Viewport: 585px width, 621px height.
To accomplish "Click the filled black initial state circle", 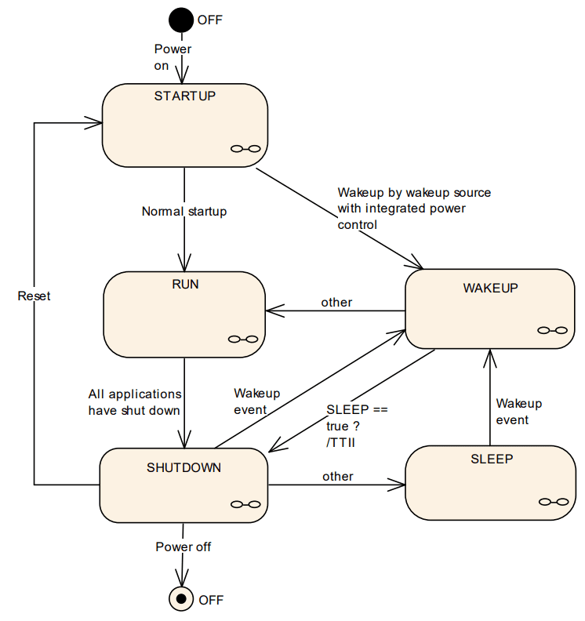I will point(182,19).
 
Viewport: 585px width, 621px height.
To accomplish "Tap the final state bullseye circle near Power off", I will point(182,599).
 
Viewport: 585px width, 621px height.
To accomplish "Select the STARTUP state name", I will point(184,96).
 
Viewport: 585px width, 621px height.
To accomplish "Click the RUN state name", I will point(184,284).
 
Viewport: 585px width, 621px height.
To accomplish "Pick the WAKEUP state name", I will point(490,288).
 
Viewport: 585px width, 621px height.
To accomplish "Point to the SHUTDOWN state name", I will point(183,468).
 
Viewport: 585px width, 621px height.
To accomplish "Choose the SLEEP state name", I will point(492,459).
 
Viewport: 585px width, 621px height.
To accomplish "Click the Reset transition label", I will point(34,296).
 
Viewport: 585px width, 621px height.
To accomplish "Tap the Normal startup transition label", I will point(184,212).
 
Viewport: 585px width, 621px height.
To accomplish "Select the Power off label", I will point(183,547).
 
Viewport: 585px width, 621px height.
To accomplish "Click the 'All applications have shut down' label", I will point(134,401).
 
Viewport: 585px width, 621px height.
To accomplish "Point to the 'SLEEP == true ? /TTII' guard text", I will point(357,426).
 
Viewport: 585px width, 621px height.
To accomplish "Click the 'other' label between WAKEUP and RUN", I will point(336,302).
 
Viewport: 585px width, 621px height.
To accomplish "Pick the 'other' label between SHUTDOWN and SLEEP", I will point(337,476).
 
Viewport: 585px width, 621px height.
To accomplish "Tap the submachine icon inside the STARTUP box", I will point(245,149).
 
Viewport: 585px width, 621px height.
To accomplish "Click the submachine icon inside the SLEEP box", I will point(553,502).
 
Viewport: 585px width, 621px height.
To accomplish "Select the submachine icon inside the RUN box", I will point(242,339).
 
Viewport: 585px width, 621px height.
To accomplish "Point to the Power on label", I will point(172,57).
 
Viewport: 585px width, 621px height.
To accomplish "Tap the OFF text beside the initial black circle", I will point(209,20).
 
